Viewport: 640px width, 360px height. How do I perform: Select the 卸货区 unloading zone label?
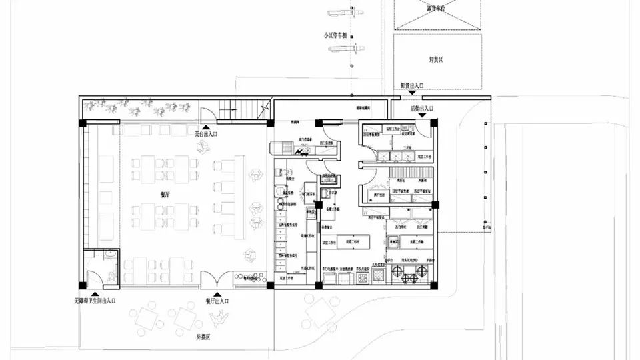pos(437,59)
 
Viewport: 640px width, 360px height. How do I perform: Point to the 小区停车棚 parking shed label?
pos(335,35)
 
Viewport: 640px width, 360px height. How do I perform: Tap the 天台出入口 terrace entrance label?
pos(206,134)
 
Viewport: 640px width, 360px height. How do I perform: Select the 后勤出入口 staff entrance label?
pos(422,108)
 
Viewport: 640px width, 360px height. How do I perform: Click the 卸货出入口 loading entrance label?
pos(411,85)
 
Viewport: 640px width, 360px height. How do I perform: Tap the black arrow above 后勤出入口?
pos(423,115)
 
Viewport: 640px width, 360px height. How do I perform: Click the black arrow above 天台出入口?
pos(207,125)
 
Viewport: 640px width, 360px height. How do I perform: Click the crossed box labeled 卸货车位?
pos(437,13)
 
